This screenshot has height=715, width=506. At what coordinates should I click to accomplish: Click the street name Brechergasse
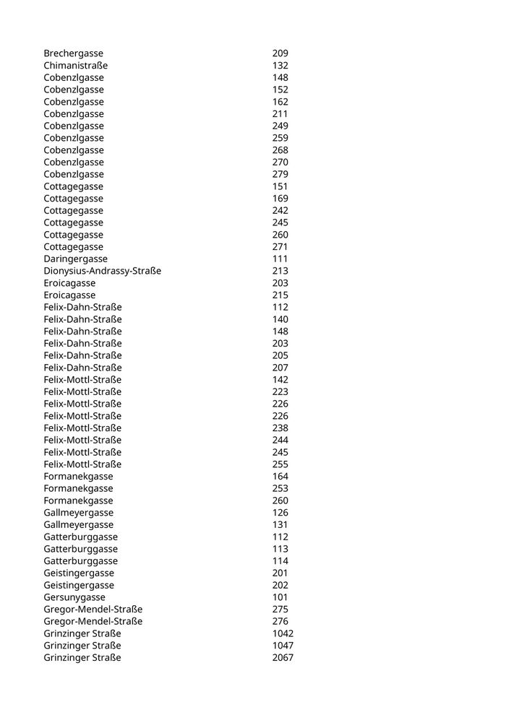[73, 53]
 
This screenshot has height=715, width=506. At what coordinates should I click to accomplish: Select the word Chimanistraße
[75, 66]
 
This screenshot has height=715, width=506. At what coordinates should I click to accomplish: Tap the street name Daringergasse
[75, 259]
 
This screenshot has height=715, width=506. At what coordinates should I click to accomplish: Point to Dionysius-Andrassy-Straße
[102, 271]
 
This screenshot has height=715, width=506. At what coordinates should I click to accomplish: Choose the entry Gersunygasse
[74, 597]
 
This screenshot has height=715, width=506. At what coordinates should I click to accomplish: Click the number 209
[280, 53]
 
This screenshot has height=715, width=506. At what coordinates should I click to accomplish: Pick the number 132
[280, 66]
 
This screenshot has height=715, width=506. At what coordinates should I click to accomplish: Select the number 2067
[283, 658]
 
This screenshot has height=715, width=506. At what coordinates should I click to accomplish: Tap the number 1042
[283, 633]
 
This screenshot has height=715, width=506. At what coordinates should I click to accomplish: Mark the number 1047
[283, 646]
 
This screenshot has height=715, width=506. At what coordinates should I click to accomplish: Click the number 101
[280, 597]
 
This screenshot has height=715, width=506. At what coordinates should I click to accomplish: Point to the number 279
[280, 174]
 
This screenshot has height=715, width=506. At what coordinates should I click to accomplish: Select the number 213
[280, 271]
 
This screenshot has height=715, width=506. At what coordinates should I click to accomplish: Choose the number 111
[280, 259]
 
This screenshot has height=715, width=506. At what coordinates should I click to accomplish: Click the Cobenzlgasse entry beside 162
[73, 102]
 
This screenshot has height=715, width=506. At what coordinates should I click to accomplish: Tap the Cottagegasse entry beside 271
[73, 247]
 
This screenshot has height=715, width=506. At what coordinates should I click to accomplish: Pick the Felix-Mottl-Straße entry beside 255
[82, 464]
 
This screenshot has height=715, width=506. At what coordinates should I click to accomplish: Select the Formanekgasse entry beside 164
[78, 477]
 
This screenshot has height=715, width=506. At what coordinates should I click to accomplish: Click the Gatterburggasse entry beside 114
[80, 561]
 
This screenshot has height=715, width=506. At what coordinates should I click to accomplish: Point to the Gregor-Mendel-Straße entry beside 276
[93, 621]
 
